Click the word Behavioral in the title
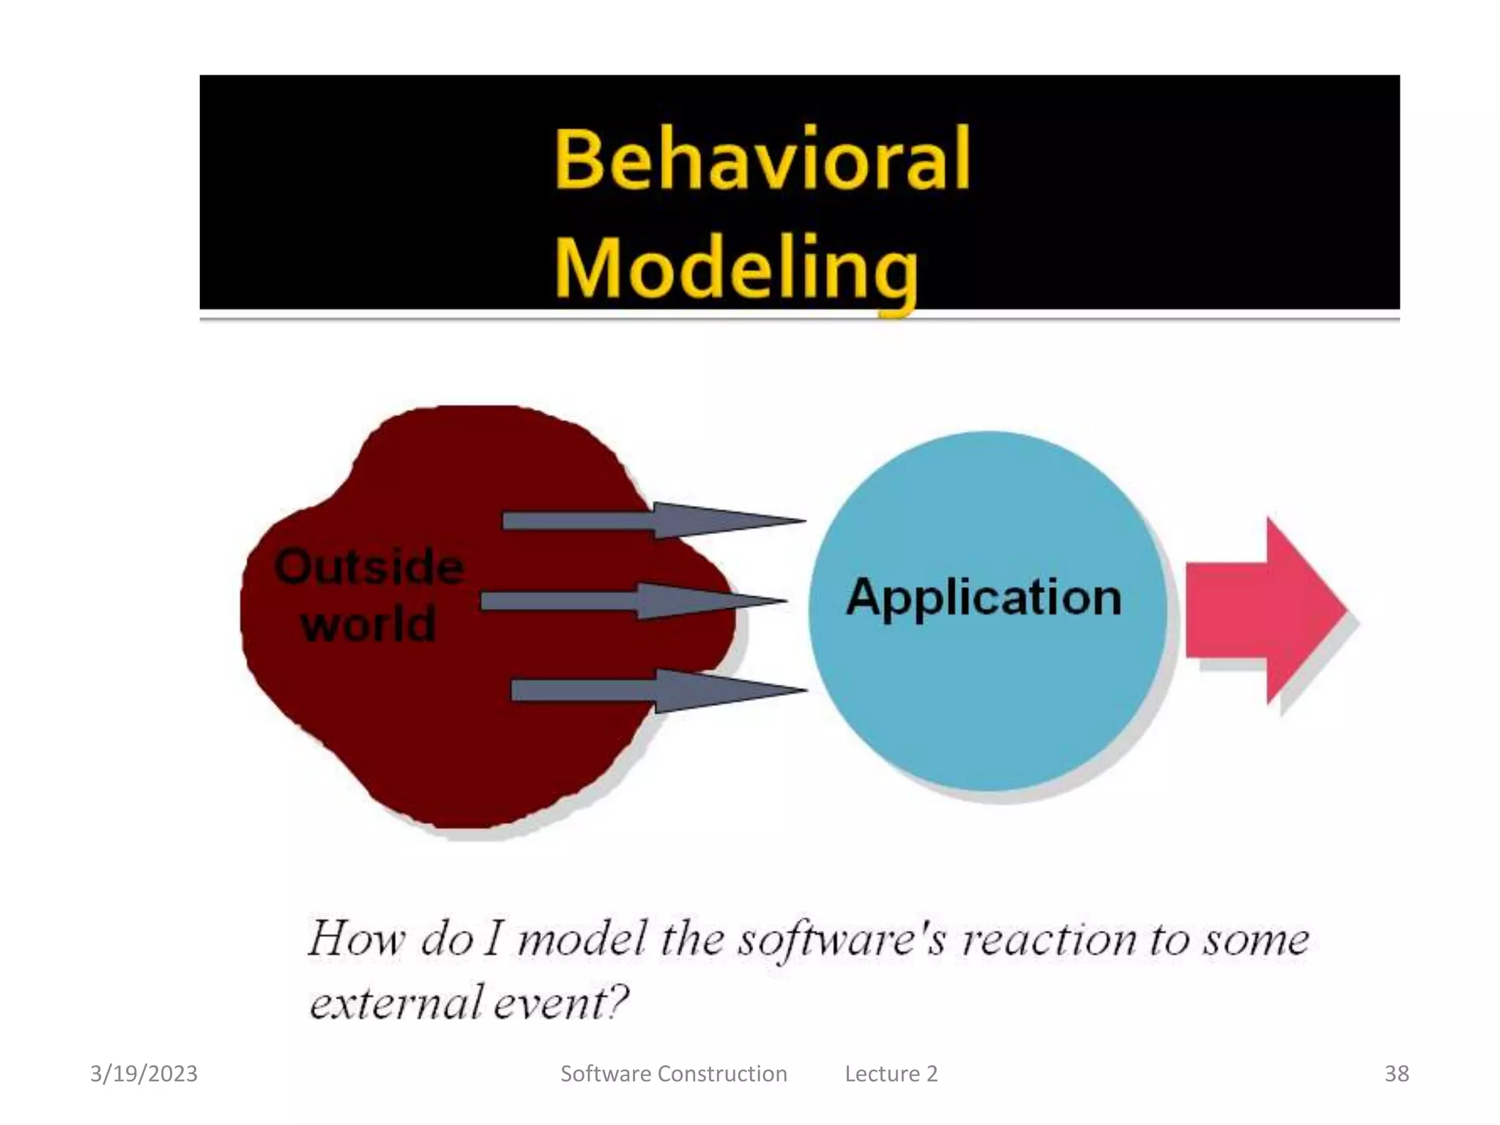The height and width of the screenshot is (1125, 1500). [762, 160]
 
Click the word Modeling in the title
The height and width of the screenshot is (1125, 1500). [736, 270]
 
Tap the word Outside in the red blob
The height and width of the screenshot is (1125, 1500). [368, 567]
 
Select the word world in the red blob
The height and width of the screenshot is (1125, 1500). [368, 624]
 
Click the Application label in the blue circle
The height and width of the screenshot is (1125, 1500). [984, 597]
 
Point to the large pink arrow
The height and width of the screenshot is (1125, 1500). [1267, 609]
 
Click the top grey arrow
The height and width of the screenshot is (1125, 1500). [652, 521]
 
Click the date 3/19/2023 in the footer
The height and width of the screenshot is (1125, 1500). [144, 1074]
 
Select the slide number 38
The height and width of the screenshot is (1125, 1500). [1396, 1074]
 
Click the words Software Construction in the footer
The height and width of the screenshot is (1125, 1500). [673, 1074]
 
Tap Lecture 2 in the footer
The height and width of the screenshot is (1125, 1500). [891, 1074]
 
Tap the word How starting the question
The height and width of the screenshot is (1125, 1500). [356, 939]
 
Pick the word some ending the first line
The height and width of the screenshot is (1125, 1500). [1255, 939]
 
